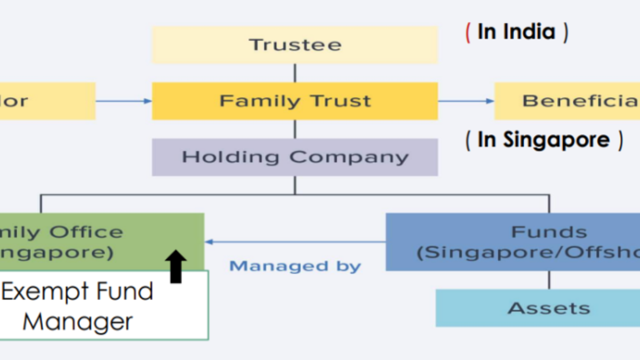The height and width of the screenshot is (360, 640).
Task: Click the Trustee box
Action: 295,45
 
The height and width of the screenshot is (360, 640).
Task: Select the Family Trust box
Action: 295,101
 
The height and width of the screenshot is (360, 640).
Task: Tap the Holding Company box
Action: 295,157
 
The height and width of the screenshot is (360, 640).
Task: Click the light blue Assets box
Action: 538,308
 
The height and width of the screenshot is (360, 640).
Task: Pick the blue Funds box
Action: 513,242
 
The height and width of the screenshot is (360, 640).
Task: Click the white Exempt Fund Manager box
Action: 104,306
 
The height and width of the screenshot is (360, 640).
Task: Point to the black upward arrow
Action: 176,267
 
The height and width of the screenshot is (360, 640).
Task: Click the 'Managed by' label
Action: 295,266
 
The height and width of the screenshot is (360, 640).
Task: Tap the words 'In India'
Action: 516,32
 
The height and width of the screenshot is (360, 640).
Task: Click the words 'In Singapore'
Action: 543,140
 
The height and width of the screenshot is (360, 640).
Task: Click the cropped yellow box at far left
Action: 47,101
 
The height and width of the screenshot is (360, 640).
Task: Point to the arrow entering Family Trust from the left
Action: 124,101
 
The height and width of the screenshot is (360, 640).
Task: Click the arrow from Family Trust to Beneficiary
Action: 466,101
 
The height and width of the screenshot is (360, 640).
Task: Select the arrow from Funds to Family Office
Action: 295,242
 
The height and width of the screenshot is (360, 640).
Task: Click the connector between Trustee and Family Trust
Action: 295,73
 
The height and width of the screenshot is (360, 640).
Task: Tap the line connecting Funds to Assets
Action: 549,279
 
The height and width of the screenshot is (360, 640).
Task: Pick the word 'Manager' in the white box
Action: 78,322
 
